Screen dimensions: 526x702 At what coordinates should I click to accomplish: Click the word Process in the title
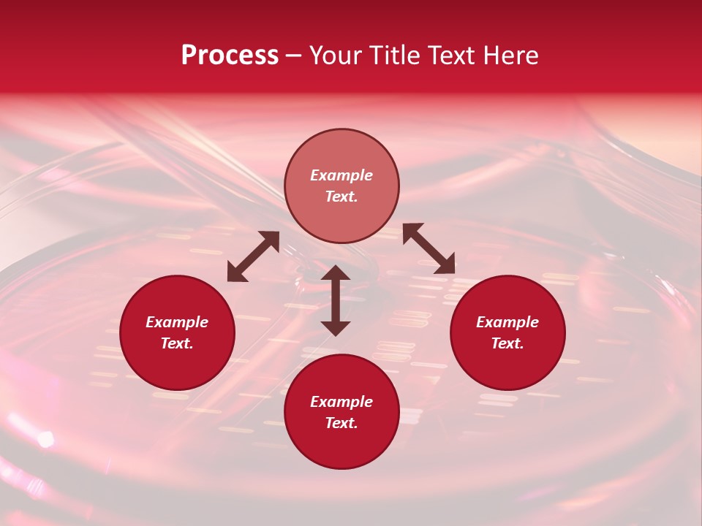click(230, 56)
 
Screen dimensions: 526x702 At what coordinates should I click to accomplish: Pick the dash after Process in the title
click(293, 56)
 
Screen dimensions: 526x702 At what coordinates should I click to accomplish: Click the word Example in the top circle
click(341, 175)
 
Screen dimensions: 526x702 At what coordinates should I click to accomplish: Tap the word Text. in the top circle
click(341, 197)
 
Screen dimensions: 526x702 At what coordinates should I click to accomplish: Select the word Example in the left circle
click(177, 322)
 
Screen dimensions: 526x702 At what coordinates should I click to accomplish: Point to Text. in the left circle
click(177, 343)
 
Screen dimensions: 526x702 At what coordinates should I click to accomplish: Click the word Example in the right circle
click(507, 322)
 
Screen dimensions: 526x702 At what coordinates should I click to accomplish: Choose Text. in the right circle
click(507, 343)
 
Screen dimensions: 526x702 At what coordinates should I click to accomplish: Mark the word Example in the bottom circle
click(341, 402)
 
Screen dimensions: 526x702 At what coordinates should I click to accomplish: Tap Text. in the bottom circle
click(341, 423)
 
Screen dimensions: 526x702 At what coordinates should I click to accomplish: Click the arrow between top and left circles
click(253, 256)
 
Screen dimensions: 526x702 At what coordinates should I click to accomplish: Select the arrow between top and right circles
click(429, 248)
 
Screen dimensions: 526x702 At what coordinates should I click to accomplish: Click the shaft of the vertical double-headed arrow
click(336, 300)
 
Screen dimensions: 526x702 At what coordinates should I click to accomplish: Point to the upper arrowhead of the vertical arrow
click(336, 274)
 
